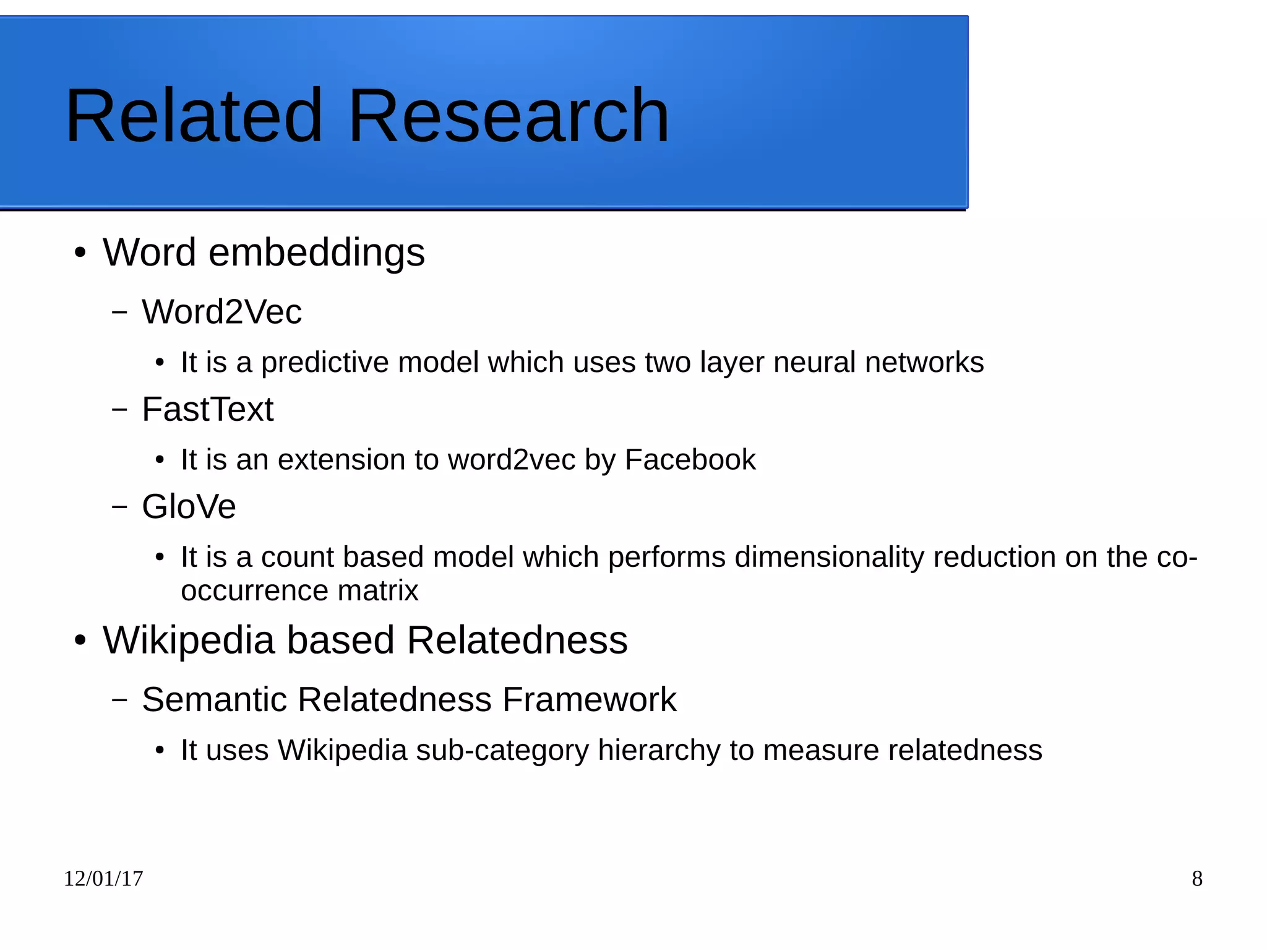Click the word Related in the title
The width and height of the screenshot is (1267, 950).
[x=194, y=116]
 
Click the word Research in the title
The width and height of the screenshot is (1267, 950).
[x=509, y=116]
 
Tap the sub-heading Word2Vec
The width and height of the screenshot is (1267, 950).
[x=221, y=311]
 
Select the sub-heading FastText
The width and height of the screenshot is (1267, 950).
[x=207, y=409]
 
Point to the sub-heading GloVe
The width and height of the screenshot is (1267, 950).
[x=189, y=507]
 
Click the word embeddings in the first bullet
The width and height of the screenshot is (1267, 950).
[x=316, y=253]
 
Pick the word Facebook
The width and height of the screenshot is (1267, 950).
[x=690, y=460]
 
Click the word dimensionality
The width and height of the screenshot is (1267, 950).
[x=829, y=557]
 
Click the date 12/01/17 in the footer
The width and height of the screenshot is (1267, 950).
[x=103, y=879]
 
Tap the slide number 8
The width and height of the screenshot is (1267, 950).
[x=1197, y=879]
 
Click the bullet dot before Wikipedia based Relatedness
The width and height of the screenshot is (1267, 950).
[x=80, y=641]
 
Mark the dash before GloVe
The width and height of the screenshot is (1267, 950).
[x=119, y=507]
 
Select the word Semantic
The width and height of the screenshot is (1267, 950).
[x=215, y=700]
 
